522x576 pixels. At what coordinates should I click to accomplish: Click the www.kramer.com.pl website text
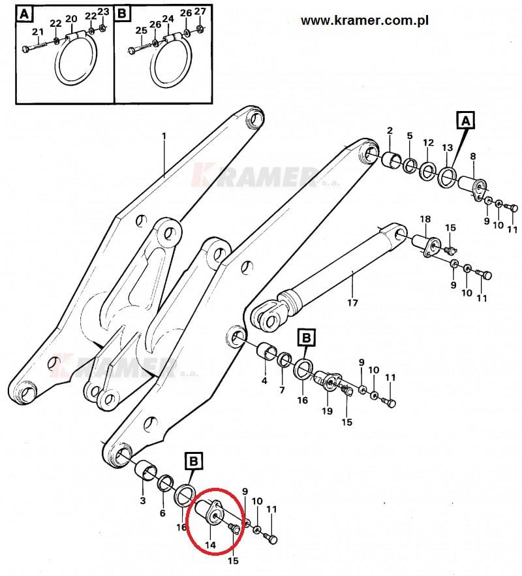[x=364, y=20]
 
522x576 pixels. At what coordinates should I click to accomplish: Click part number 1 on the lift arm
[x=164, y=136]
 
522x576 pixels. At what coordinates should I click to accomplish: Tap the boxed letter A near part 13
[x=465, y=120]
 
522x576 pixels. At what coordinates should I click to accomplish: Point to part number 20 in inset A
[x=71, y=18]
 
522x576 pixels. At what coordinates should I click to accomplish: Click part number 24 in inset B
[x=168, y=18]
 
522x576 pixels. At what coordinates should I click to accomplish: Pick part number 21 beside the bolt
[x=37, y=33]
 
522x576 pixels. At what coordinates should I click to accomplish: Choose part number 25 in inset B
[x=141, y=31]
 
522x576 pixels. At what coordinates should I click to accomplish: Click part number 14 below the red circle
[x=210, y=544]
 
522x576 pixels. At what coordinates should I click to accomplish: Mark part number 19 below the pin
[x=327, y=411]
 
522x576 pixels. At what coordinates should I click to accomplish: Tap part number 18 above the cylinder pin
[x=425, y=219]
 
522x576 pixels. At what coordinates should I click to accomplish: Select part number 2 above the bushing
[x=390, y=131]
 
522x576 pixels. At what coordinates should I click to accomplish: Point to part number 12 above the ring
[x=428, y=142]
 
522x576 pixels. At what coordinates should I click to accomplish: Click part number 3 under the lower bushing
[x=143, y=500]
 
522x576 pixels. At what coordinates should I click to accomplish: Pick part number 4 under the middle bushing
[x=264, y=380]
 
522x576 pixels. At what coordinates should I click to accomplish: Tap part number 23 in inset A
[x=103, y=12]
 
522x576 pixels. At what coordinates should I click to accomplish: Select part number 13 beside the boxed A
[x=446, y=148]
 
